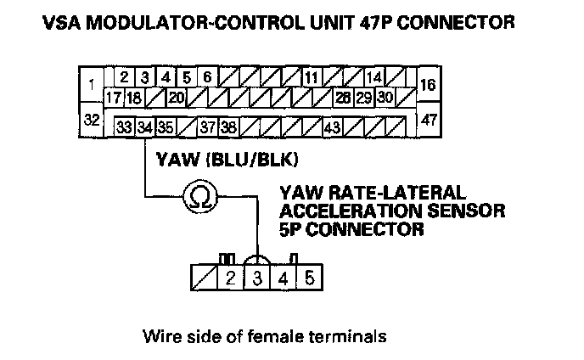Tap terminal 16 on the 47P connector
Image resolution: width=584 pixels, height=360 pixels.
(x=429, y=86)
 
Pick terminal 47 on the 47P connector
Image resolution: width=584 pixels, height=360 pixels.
(x=429, y=120)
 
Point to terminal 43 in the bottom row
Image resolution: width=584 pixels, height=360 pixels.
(x=332, y=127)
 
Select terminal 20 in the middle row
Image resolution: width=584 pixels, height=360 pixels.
(x=176, y=97)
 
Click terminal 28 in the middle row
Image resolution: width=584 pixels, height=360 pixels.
(x=344, y=97)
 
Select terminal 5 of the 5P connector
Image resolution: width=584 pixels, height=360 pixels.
(x=310, y=278)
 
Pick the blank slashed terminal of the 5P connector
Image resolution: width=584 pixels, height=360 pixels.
(x=204, y=278)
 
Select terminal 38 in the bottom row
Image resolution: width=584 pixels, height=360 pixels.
(x=227, y=127)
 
